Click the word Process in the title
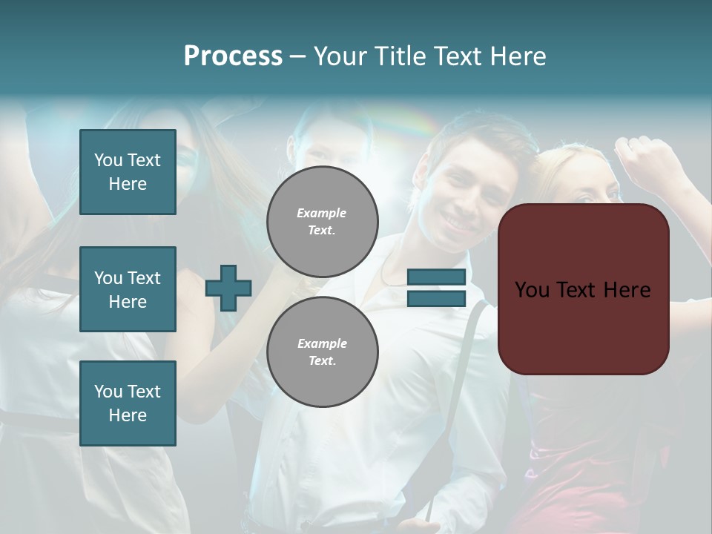tap(233, 56)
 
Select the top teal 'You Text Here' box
tap(128, 172)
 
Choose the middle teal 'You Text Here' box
tap(128, 289)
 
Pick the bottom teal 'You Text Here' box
tap(128, 403)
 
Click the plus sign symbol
tap(228, 288)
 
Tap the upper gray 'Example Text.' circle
tap(323, 222)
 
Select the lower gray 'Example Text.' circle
tap(323, 352)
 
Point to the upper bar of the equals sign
tap(437, 277)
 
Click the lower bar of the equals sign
tap(437, 298)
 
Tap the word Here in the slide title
tap(518, 56)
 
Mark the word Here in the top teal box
tap(128, 184)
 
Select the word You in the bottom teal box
tap(108, 392)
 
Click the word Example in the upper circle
tap(322, 213)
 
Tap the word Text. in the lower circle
tap(322, 361)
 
